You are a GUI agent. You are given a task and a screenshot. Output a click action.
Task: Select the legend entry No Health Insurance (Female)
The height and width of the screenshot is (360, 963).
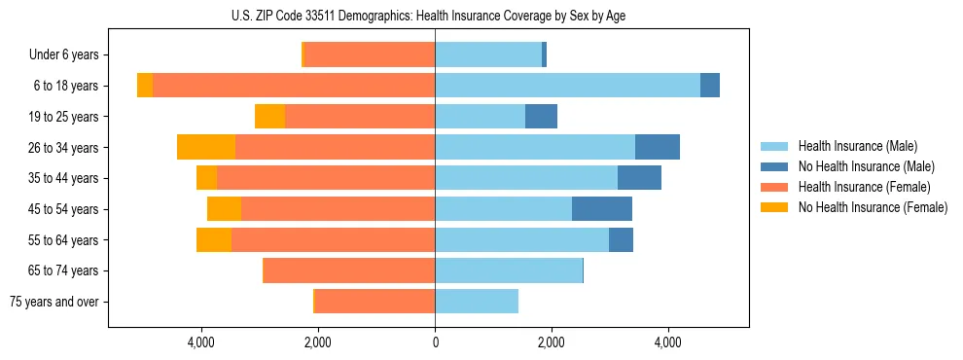tap(872, 207)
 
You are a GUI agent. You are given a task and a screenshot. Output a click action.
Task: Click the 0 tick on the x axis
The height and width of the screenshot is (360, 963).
tap(435, 342)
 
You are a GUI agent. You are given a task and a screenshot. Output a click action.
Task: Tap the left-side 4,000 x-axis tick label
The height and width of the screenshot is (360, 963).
tap(201, 342)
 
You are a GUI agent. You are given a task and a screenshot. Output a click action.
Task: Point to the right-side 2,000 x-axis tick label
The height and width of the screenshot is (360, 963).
tap(552, 342)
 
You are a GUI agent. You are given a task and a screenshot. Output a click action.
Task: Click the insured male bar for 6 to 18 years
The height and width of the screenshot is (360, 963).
tap(567, 86)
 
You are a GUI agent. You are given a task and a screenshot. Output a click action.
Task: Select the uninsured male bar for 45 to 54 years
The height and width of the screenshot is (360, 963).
tap(602, 209)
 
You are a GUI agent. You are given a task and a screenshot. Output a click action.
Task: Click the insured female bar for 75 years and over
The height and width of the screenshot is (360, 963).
tap(374, 302)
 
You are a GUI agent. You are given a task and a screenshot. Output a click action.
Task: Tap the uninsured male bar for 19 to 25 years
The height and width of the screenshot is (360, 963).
tap(541, 117)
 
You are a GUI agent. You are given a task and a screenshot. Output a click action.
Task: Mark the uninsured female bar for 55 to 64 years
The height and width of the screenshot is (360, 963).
tap(214, 240)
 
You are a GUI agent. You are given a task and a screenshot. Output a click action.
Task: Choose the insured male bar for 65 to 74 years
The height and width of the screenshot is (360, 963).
tap(508, 270)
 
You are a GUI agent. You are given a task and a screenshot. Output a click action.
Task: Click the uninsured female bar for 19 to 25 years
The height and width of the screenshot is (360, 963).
tap(269, 117)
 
